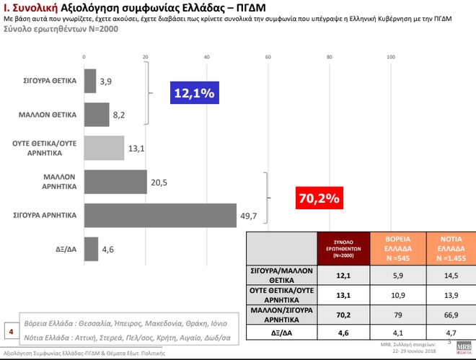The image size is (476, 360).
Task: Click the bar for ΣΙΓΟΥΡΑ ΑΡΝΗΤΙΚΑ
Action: [x=160, y=215]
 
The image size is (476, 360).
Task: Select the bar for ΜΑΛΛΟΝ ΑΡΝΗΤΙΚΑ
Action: [x=115, y=183]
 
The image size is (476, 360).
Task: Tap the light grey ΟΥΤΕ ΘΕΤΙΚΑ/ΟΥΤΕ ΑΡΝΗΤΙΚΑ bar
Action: [x=104, y=147]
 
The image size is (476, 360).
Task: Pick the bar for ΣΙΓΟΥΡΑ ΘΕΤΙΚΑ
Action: [x=90, y=80]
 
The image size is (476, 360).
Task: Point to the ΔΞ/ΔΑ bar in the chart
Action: [x=91, y=249]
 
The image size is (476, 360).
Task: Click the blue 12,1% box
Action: [x=193, y=94]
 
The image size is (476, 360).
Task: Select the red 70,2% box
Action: [x=317, y=196]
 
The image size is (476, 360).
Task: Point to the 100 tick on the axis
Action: [x=392, y=57]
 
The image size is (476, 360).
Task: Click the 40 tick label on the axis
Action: [x=208, y=57]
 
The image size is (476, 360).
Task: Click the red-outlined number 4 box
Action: [x=11, y=333]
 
